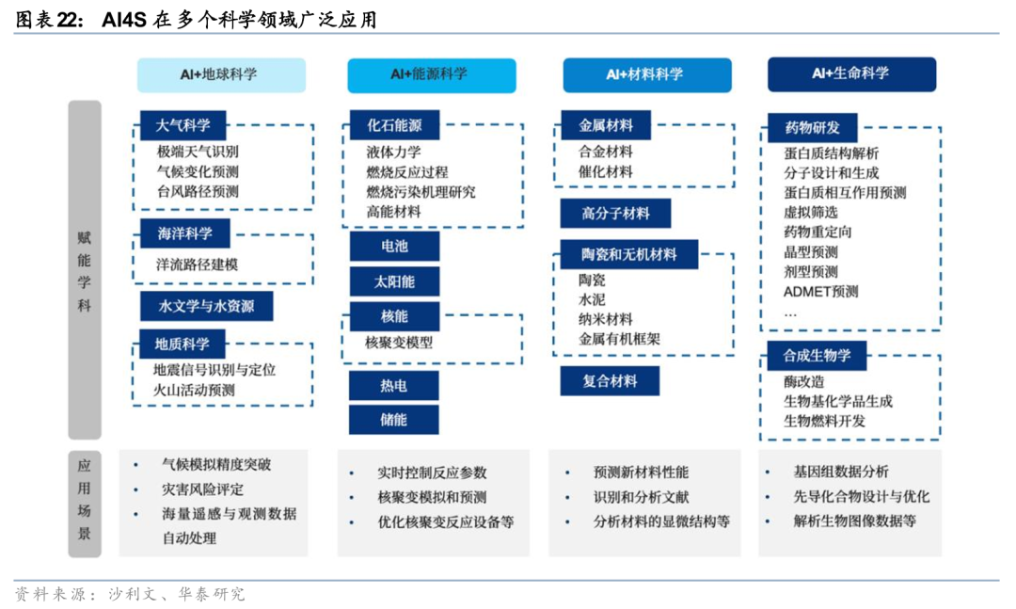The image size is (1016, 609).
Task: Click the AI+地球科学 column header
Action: coord(221,74)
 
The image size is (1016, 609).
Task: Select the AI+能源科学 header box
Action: coord(431,74)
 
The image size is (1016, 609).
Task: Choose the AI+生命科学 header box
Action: coord(851,73)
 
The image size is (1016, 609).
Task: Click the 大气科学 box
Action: coord(183,124)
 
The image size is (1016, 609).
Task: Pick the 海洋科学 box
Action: coord(183,233)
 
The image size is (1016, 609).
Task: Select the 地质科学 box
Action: coord(183,344)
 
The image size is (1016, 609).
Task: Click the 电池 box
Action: coord(394,247)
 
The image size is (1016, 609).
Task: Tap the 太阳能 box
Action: coord(394,281)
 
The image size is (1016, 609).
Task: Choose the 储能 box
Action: coord(394,420)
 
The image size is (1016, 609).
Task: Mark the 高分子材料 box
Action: coord(616,214)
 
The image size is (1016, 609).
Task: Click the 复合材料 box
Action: coord(610,381)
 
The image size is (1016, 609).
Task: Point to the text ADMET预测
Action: coord(820,292)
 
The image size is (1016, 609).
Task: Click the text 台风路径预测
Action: coord(198,192)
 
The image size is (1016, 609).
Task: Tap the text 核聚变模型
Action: coord(399,343)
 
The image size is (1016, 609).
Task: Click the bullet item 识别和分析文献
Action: coord(641,497)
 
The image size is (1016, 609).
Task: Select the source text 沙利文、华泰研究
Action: coord(176,595)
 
